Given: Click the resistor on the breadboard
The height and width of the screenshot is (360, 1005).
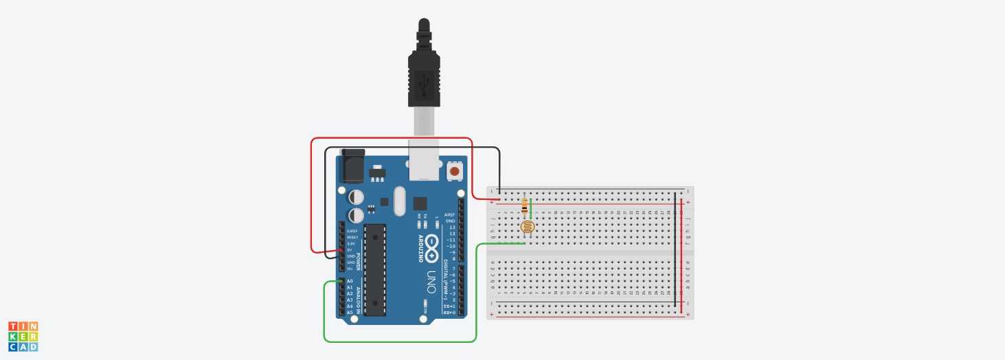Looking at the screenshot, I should coord(526,205).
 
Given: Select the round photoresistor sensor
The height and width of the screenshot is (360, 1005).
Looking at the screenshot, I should coord(527,227).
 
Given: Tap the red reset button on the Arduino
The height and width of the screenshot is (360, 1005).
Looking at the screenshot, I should coord(455,170).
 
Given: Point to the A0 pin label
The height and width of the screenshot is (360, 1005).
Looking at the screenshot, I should coord(350,281).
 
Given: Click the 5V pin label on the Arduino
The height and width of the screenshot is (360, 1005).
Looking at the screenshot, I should coord(350,250).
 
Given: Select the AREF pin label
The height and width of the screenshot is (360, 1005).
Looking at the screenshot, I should coord(450,214).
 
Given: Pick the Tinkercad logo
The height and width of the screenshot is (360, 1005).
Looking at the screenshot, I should coord(23,337).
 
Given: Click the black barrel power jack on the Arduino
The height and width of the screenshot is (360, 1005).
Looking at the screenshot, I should coord(352,165).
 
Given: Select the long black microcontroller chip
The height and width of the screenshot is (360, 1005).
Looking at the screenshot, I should coord(375,269).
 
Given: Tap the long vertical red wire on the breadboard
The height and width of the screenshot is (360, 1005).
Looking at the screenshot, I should coord(681,254).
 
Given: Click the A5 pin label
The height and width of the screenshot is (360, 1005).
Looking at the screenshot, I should coord(350,313).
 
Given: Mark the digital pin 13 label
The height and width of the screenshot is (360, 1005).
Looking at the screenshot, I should coord(451,227).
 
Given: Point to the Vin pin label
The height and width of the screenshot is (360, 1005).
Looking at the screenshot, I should coord(350,269).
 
